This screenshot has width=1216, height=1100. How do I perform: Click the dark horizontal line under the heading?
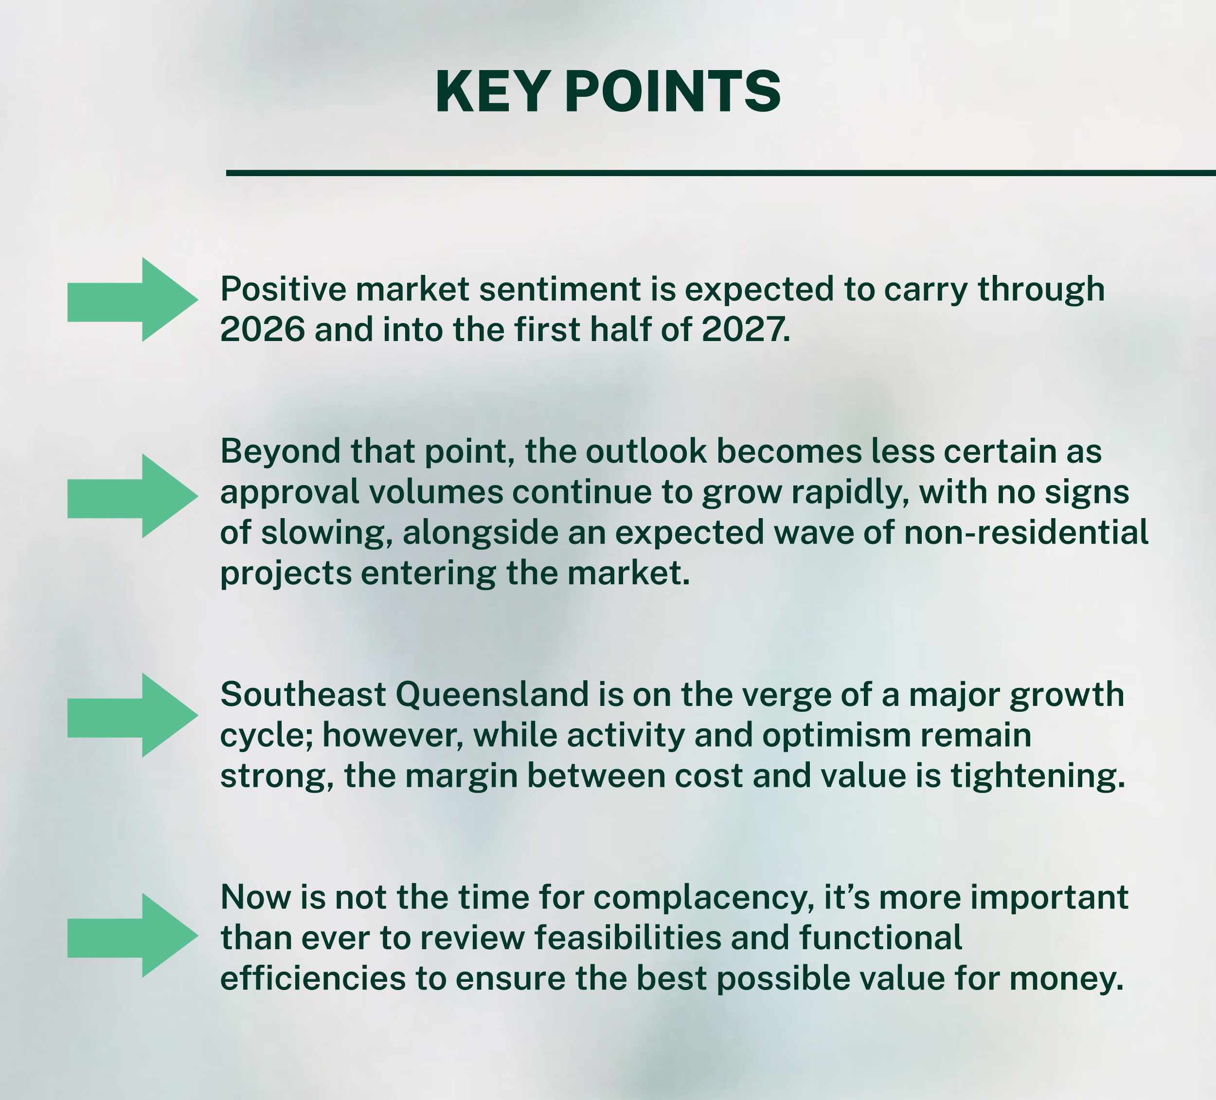[x=721, y=173]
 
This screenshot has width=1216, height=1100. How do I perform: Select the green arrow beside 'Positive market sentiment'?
[x=133, y=299]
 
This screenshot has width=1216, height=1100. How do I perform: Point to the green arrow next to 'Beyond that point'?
[x=133, y=496]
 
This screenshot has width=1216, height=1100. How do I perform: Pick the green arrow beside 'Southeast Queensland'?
[x=133, y=715]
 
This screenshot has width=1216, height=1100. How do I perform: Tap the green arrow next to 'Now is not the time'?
[x=133, y=935]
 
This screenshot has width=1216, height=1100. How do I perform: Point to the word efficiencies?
[x=313, y=979]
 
